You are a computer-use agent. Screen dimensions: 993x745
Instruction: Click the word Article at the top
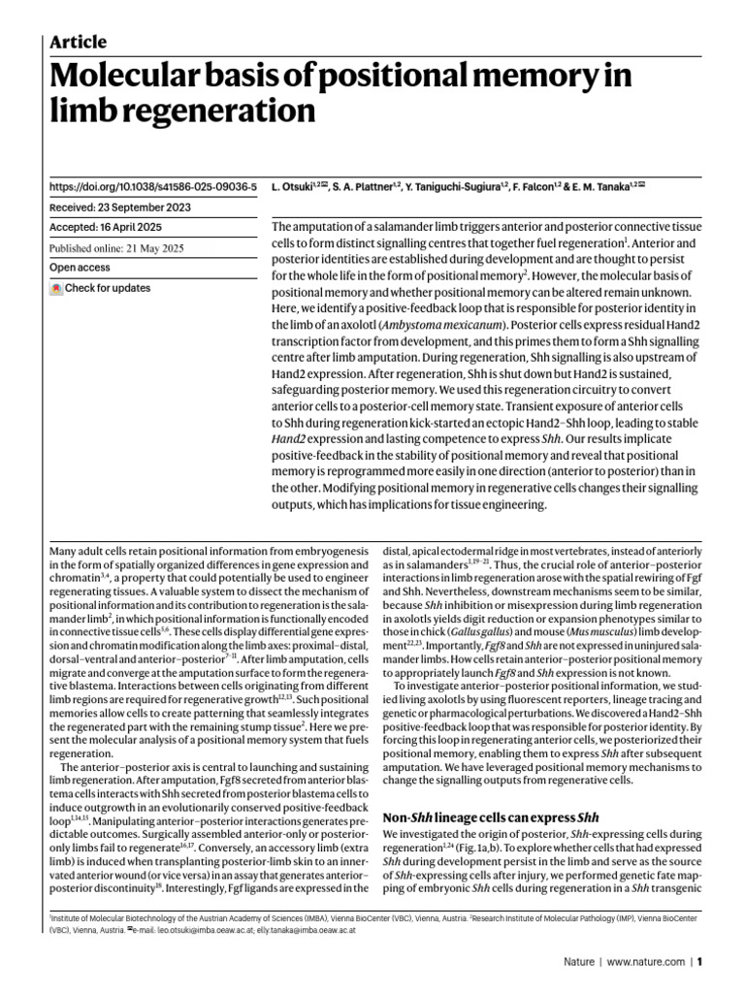point(78,42)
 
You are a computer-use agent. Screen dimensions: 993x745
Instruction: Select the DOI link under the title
point(152,184)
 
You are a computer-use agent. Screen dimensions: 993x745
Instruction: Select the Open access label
point(79,267)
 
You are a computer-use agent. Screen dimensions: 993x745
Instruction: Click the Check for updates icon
point(56,289)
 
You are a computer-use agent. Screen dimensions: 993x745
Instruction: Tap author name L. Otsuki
point(292,184)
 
